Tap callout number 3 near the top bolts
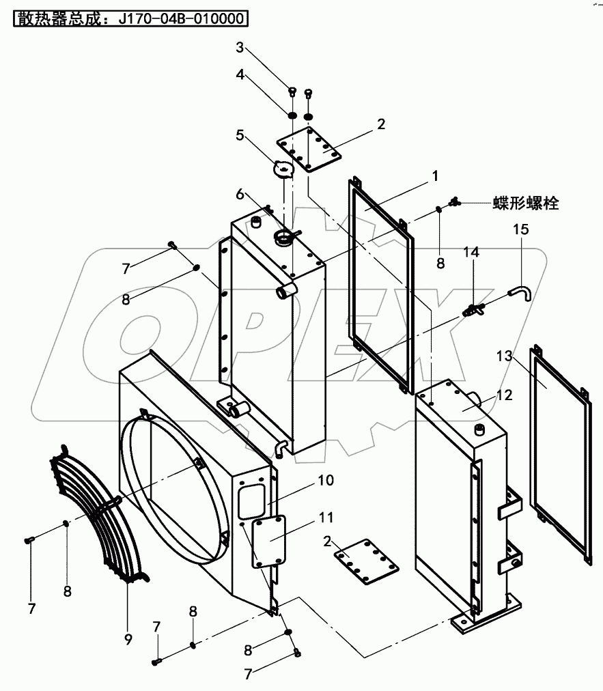(240, 47)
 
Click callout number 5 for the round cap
(240, 135)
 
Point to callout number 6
(240, 194)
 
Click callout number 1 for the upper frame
(434, 175)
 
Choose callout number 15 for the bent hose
(520, 230)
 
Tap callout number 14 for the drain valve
(471, 252)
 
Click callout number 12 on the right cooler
(503, 395)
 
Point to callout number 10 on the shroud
(326, 480)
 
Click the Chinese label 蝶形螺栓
(526, 203)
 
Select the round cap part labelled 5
(282, 168)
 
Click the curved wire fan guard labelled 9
(96, 519)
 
